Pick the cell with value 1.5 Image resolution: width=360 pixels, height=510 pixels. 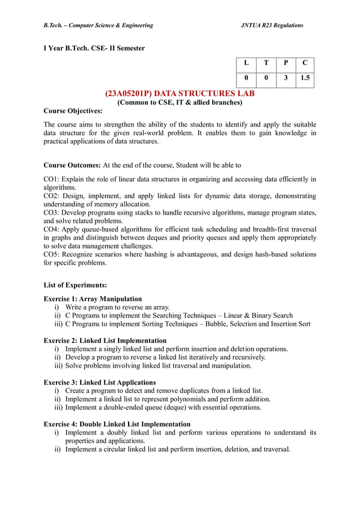[305, 79]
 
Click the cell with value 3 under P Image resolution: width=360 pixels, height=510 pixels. [286, 79]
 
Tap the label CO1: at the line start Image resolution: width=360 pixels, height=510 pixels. [52, 180]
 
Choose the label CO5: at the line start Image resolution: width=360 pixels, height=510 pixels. [52, 255]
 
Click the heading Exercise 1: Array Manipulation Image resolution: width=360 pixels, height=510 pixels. [93, 299]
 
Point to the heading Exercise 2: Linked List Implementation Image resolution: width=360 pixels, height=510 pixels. [105, 341]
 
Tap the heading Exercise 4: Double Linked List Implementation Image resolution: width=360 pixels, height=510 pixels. [117, 424]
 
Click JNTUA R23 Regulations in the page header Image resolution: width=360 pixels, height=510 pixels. [272, 25]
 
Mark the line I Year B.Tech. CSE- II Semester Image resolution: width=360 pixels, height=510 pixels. [94, 48]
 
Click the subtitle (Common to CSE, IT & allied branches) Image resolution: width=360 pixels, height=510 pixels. [179, 102]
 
